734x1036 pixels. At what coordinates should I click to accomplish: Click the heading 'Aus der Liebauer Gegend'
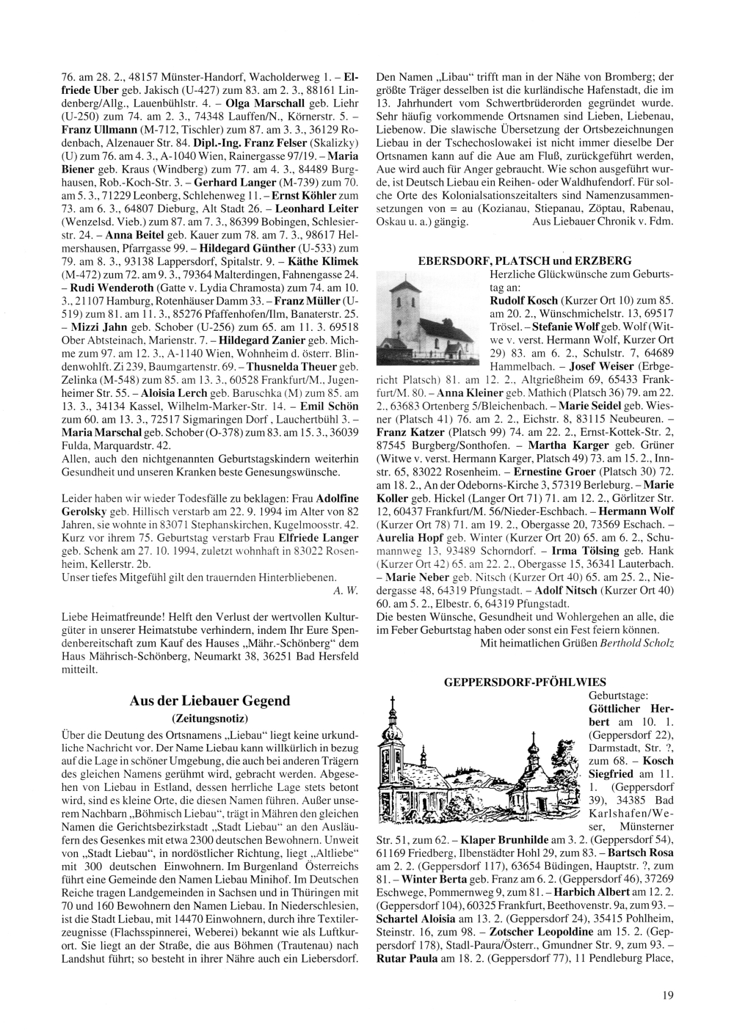click(210, 700)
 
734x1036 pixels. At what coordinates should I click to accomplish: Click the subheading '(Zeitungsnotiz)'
click(210, 717)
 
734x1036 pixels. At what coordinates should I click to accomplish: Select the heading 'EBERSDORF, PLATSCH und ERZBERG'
click(524, 260)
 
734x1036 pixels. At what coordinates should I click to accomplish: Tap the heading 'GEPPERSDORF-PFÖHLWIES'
click(524, 682)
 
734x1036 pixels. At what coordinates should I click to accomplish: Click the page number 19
click(667, 995)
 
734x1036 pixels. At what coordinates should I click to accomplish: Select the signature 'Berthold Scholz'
click(636, 643)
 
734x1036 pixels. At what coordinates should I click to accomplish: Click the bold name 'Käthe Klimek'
click(325, 260)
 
